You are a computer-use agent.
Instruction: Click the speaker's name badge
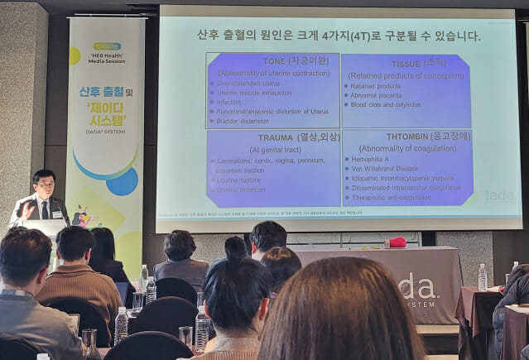[55, 214]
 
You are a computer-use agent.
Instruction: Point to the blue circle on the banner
[123, 180]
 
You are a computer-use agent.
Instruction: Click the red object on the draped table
[397, 242]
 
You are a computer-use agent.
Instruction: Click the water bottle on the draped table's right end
[482, 277]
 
